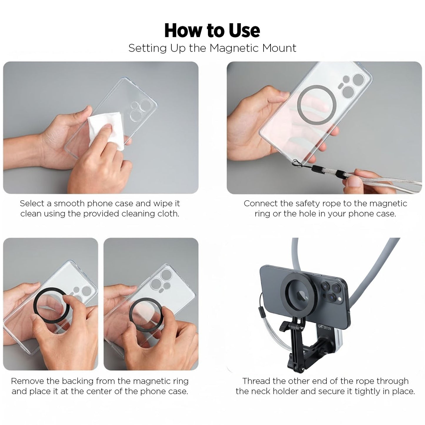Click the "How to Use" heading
[212, 30]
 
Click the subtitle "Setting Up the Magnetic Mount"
[212, 48]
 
